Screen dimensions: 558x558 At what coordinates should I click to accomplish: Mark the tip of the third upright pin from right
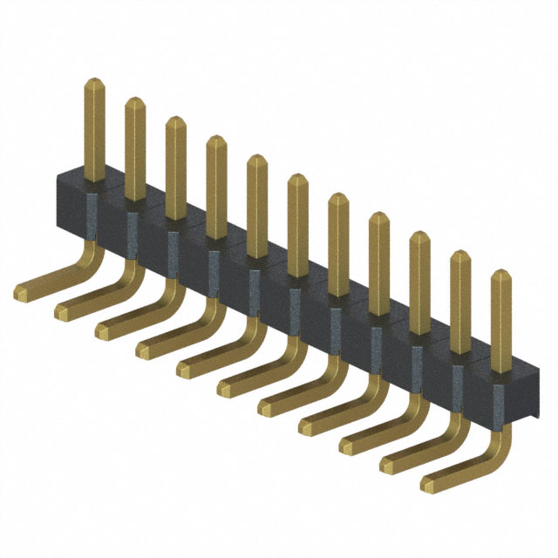point(418,235)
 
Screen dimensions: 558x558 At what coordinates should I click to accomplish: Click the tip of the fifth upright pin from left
point(256,159)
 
